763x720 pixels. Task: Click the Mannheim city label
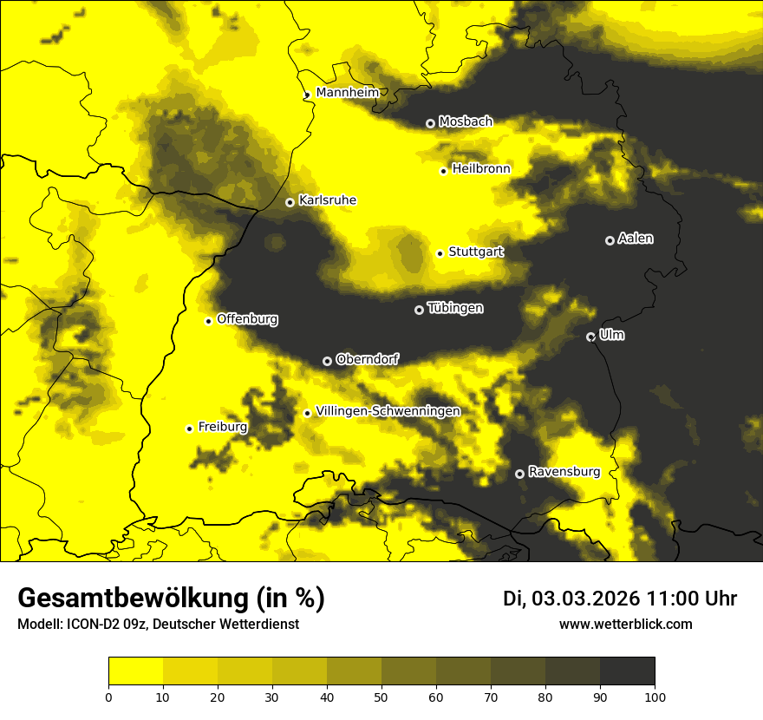(348, 92)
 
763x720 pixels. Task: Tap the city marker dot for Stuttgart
(440, 253)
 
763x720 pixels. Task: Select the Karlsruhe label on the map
(327, 200)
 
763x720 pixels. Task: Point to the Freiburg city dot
(189, 429)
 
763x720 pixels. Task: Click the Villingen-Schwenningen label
(388, 411)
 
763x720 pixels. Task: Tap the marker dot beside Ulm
(590, 337)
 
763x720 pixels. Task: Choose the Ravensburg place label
(564, 472)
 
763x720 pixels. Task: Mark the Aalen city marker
(610, 240)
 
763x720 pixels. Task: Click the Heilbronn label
(481, 169)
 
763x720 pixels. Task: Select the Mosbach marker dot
(430, 123)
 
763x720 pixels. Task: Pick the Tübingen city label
(455, 308)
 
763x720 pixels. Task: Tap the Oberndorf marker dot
(327, 361)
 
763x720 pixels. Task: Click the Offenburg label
(247, 319)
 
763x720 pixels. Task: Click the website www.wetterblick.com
(625, 625)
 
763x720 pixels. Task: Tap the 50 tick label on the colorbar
(381, 696)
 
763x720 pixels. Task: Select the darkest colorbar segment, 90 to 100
(627, 671)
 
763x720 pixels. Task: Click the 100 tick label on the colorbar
(655, 696)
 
